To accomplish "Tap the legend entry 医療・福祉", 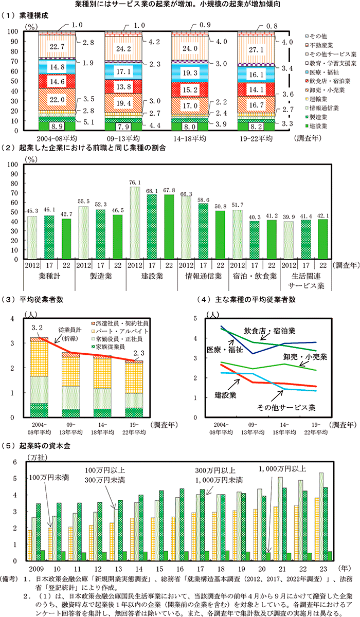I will [332, 72].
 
